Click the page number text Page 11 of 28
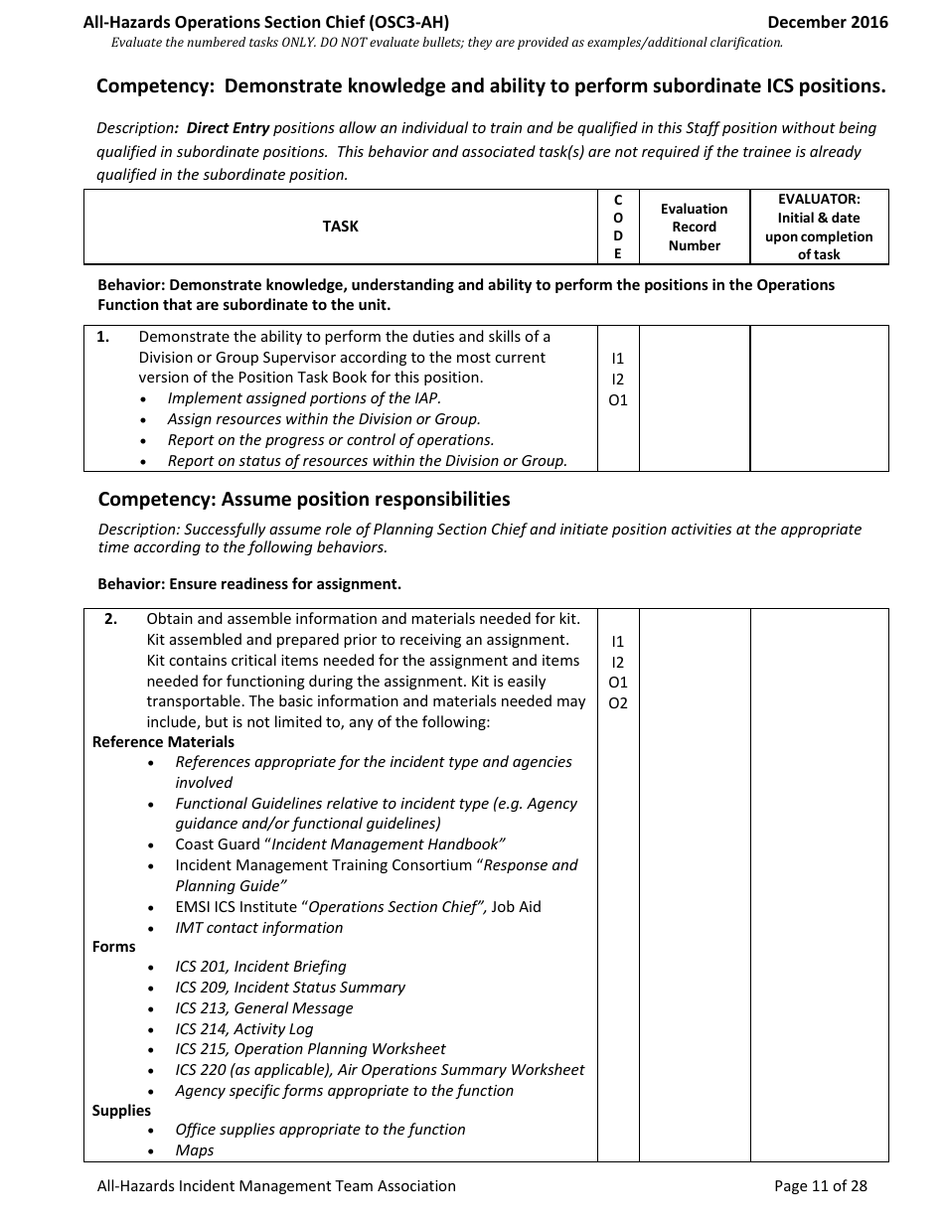pos(820,1185)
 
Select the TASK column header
pos(340,227)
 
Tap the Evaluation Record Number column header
pos(694,228)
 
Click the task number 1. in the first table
pos(103,337)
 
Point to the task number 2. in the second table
pos(111,619)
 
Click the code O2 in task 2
pos(618,703)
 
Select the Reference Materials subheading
pos(163,742)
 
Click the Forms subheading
pos(113,947)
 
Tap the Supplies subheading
pos(121,1111)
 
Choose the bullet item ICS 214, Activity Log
pos(243,1029)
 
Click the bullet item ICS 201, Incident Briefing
pos(260,967)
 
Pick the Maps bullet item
pos(195,1150)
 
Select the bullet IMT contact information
pos(258,928)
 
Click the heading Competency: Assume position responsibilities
pos(304,499)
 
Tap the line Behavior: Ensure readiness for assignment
pos(249,583)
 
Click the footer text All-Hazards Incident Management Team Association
pos(276,1185)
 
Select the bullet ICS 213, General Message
pos(264,1008)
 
